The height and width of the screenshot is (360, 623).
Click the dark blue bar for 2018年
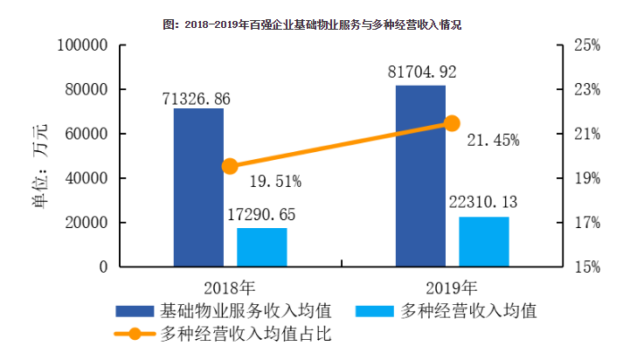(x=198, y=187)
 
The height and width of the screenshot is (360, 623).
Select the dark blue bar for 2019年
(x=420, y=176)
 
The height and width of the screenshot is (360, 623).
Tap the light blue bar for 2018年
(x=262, y=247)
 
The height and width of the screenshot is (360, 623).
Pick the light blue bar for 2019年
(x=484, y=241)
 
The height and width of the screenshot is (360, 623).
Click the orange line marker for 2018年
(x=231, y=166)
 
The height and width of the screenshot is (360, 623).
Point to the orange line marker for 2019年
(x=452, y=123)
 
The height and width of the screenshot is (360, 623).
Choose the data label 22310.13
(x=484, y=202)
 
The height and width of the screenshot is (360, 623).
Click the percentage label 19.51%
(x=275, y=182)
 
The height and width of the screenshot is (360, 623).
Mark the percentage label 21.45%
(x=493, y=140)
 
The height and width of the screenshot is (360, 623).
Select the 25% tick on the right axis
(x=585, y=45)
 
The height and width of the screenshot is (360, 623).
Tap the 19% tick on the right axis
(x=585, y=178)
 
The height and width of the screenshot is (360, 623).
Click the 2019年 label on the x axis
(x=452, y=287)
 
